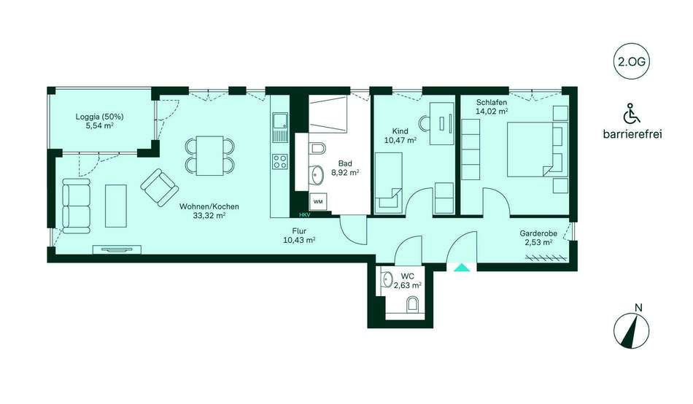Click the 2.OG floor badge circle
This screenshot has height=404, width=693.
(x=632, y=61)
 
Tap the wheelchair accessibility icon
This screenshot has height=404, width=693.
(x=632, y=113)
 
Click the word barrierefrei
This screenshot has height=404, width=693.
(x=632, y=134)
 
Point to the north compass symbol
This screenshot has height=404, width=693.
(x=632, y=330)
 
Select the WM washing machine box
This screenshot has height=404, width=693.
(x=318, y=201)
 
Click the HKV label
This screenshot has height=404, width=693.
(x=304, y=215)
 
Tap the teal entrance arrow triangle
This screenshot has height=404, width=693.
(x=462, y=268)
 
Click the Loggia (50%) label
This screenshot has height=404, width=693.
(x=99, y=117)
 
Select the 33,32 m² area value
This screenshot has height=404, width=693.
(x=209, y=216)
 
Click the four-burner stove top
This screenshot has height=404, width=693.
(x=280, y=161)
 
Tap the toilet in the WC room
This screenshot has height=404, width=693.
(x=413, y=304)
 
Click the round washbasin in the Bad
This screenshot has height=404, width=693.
(x=317, y=174)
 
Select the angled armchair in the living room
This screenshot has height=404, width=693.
(x=160, y=187)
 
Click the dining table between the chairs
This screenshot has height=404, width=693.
(x=209, y=155)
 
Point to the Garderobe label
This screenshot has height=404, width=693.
(x=538, y=233)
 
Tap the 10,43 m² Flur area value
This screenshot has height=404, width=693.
(x=299, y=240)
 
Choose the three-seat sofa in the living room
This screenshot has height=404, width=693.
(x=77, y=206)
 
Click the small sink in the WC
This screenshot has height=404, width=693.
(x=387, y=279)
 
